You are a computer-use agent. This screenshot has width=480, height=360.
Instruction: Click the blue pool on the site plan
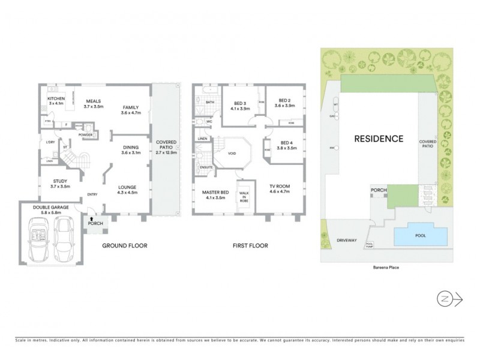[421, 236]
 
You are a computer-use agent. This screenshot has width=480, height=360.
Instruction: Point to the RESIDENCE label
[378, 139]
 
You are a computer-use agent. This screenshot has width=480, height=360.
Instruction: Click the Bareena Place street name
[385, 268]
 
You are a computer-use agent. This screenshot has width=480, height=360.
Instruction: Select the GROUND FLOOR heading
[124, 245]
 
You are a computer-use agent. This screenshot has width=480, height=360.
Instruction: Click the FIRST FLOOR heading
[250, 245]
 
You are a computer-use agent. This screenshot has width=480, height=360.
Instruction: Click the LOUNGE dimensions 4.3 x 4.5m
[128, 193]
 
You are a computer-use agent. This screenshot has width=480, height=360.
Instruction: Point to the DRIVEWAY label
[346, 240]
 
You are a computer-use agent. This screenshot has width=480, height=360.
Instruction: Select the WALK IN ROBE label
[244, 196]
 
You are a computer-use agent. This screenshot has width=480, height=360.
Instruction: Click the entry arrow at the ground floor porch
[92, 218]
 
